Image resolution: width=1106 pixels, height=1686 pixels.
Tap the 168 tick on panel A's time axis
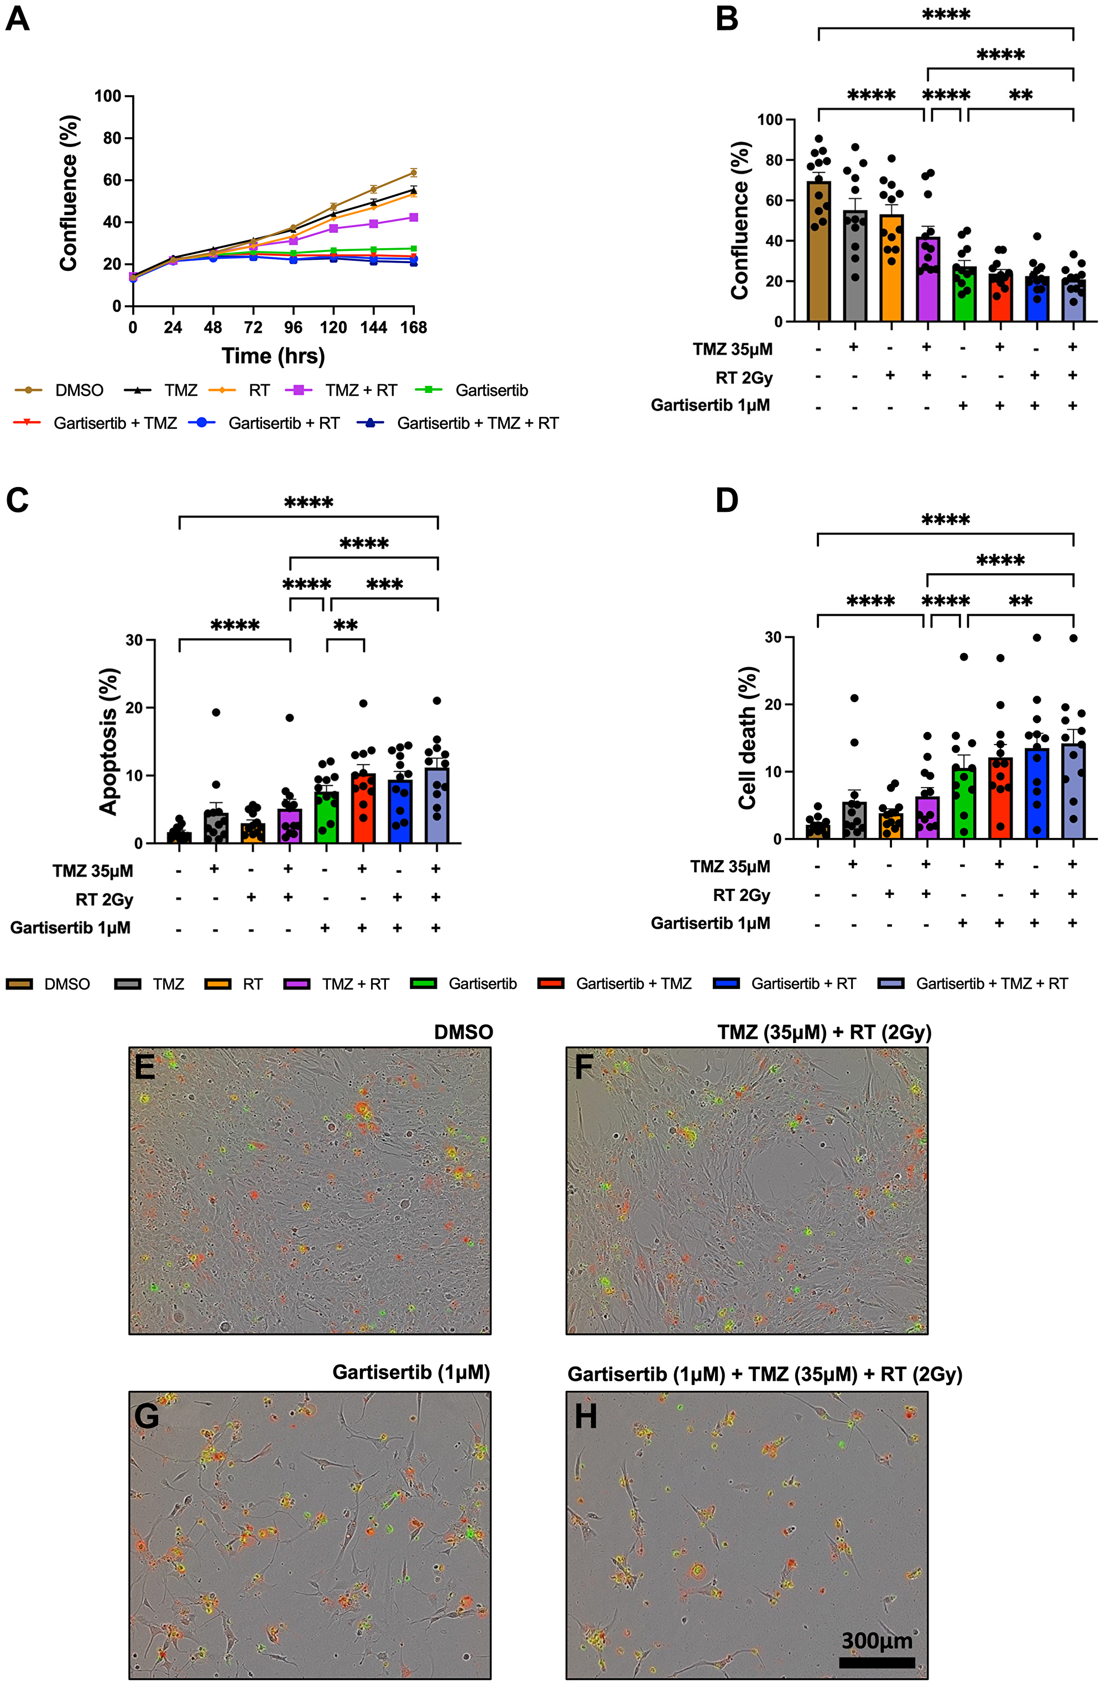point(414,327)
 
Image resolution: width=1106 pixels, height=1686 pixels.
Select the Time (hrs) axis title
point(274,355)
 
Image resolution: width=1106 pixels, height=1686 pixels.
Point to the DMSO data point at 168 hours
point(414,172)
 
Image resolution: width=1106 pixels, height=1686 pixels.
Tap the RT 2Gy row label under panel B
point(743,378)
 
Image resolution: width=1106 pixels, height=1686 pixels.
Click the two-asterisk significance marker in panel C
point(345,626)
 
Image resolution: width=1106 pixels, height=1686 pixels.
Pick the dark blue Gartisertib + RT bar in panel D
point(1036,793)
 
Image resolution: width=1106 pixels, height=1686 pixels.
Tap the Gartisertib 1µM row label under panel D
point(710,923)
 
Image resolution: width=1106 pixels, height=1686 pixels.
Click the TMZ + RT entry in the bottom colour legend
point(354,984)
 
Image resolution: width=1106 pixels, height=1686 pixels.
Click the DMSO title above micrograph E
point(463,1032)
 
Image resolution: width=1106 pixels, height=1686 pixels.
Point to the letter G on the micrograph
point(147,1416)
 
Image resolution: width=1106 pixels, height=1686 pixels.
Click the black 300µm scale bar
point(877,1662)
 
